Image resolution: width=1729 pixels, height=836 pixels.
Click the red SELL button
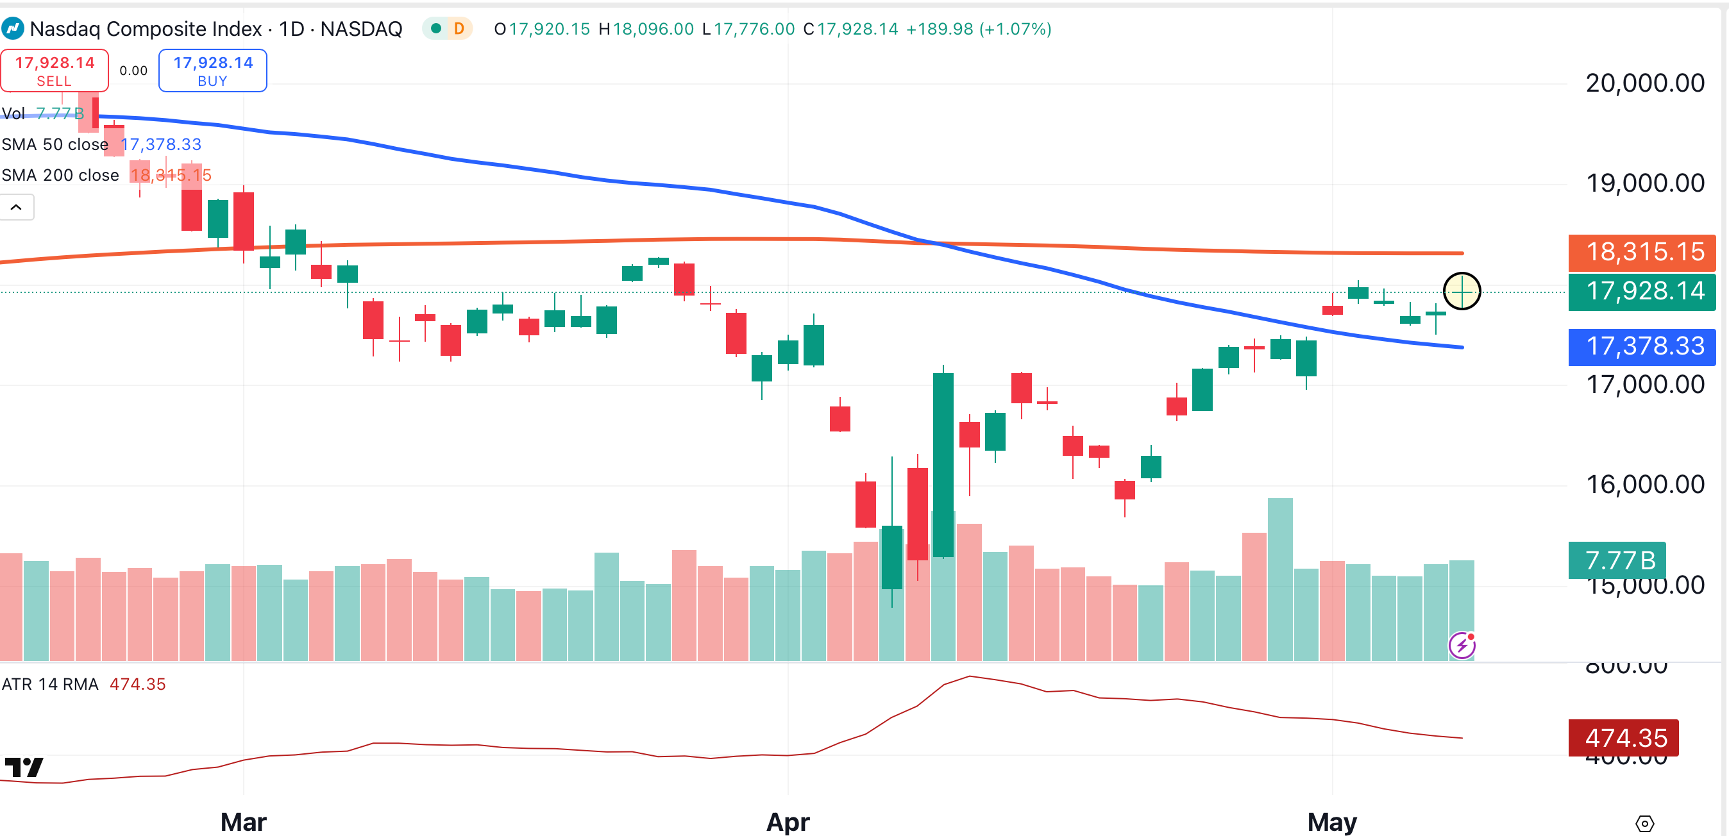point(55,71)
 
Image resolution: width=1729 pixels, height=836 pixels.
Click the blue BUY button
point(213,71)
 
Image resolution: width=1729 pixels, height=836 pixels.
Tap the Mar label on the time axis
point(243,821)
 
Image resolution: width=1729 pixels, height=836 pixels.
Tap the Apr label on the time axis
point(788,821)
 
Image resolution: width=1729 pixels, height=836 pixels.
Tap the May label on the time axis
point(1331,821)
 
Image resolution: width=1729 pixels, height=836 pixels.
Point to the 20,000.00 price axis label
point(1644,83)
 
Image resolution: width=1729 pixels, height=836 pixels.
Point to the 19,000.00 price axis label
point(1644,183)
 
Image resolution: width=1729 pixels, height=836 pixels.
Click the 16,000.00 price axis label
point(1644,485)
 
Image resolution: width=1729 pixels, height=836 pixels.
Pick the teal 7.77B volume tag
point(1617,560)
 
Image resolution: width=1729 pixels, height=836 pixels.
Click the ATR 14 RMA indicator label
point(50,684)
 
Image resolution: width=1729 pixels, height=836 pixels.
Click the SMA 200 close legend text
point(60,175)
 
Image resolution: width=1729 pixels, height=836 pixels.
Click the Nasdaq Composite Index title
point(146,29)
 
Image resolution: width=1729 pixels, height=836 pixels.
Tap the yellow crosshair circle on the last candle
point(1462,291)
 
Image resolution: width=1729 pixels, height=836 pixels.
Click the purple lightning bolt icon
point(1462,646)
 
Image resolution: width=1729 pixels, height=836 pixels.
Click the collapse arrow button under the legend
point(16,207)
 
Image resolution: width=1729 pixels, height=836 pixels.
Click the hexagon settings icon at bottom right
point(1644,823)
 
